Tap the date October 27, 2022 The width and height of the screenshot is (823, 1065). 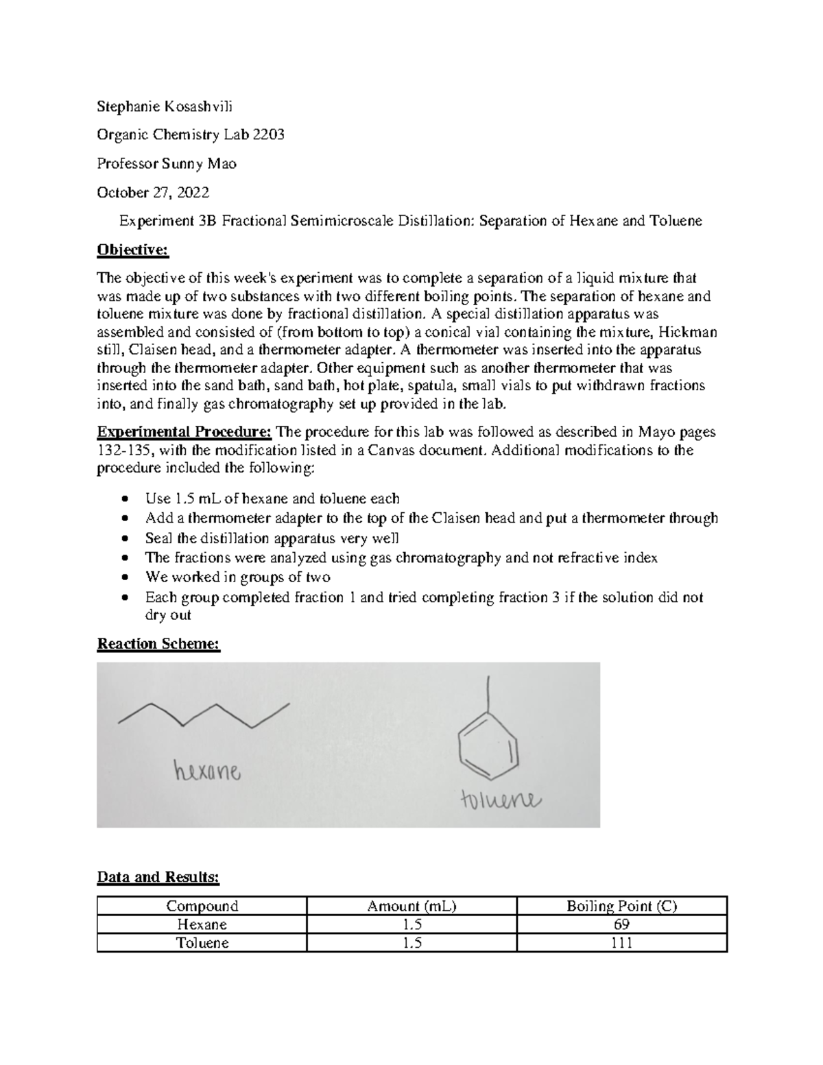pos(153,192)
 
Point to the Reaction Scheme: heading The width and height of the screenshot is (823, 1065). pos(158,644)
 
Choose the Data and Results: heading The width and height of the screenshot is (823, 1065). pos(158,876)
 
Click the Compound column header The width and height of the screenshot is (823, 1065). pos(202,906)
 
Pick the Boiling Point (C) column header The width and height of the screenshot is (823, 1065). pos(621,906)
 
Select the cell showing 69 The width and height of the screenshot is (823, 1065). pos(621,924)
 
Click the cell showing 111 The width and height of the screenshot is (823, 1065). pos(621,943)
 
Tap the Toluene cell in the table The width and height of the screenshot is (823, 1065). pos(202,943)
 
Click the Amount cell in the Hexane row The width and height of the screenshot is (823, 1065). pos(411,924)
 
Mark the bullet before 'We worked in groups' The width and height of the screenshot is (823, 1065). pos(123,577)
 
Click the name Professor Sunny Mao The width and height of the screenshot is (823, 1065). pos(167,163)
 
